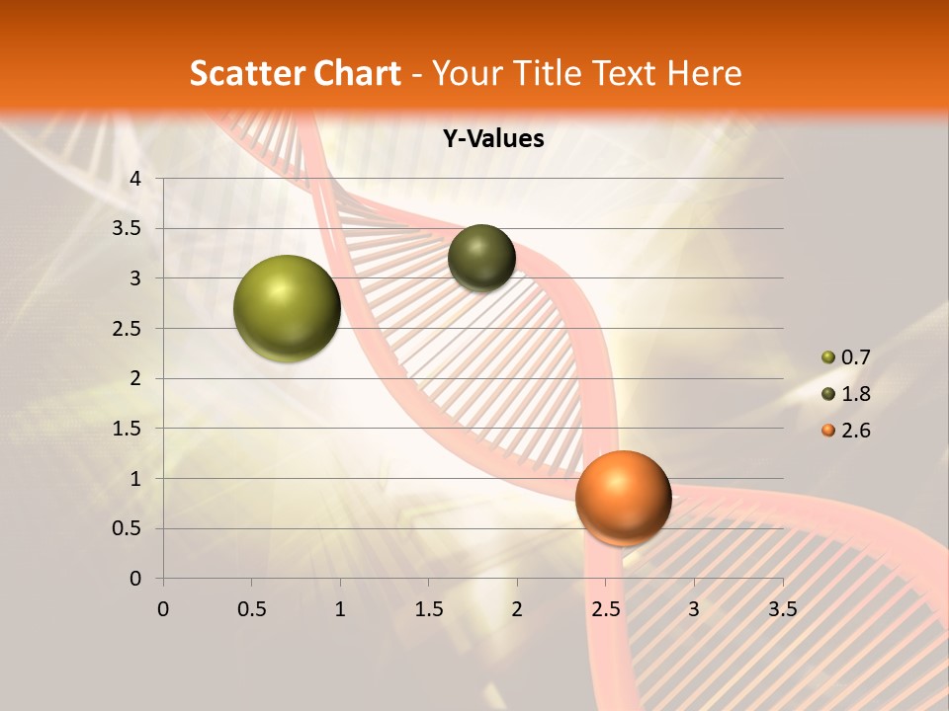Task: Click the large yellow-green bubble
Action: coord(288,308)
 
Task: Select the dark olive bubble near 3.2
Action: coord(481,258)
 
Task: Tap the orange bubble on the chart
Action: coord(623,498)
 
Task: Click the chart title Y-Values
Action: coord(493,139)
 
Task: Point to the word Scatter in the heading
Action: coord(244,73)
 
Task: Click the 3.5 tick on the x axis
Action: coord(782,609)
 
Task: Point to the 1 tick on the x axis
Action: coord(340,609)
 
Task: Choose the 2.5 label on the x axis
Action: coord(605,609)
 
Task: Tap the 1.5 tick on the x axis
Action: coord(428,609)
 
